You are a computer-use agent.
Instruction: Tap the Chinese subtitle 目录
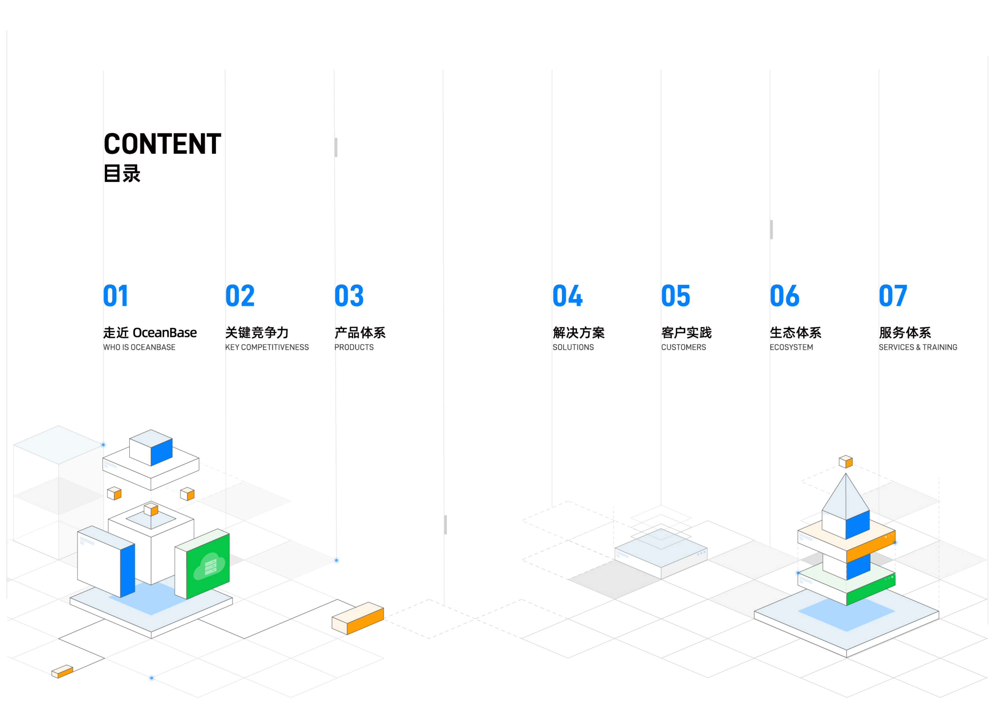122,174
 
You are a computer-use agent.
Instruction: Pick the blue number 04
567,296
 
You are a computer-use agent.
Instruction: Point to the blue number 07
893,296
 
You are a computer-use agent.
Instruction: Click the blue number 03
349,296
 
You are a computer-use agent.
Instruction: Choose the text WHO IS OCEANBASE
139,347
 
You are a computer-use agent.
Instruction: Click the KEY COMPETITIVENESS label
267,347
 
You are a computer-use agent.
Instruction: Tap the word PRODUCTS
354,347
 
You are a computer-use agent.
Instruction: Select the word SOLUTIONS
573,347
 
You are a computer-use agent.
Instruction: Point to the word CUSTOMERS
683,347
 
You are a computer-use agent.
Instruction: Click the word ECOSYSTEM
791,347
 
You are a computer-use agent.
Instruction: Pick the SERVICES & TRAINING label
918,347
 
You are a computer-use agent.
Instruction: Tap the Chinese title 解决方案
579,332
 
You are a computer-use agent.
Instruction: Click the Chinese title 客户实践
687,332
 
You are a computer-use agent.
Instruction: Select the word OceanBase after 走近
165,332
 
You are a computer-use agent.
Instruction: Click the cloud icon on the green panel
209,566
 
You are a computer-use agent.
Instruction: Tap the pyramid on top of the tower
846,497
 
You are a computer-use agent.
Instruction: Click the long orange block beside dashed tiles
358,618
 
